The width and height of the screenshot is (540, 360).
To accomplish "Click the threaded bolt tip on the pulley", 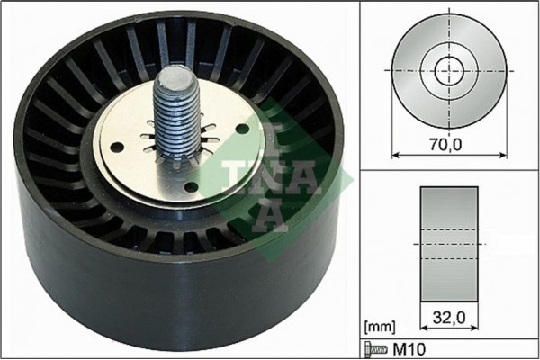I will [170, 80].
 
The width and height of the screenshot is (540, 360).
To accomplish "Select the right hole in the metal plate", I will [242, 129].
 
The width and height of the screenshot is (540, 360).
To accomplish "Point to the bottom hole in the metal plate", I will [190, 187].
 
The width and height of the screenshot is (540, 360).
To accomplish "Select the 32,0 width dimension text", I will [447, 317].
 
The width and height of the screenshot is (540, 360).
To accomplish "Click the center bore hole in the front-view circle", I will [447, 70].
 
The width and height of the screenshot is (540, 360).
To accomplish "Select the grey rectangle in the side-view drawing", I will [448, 244].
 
